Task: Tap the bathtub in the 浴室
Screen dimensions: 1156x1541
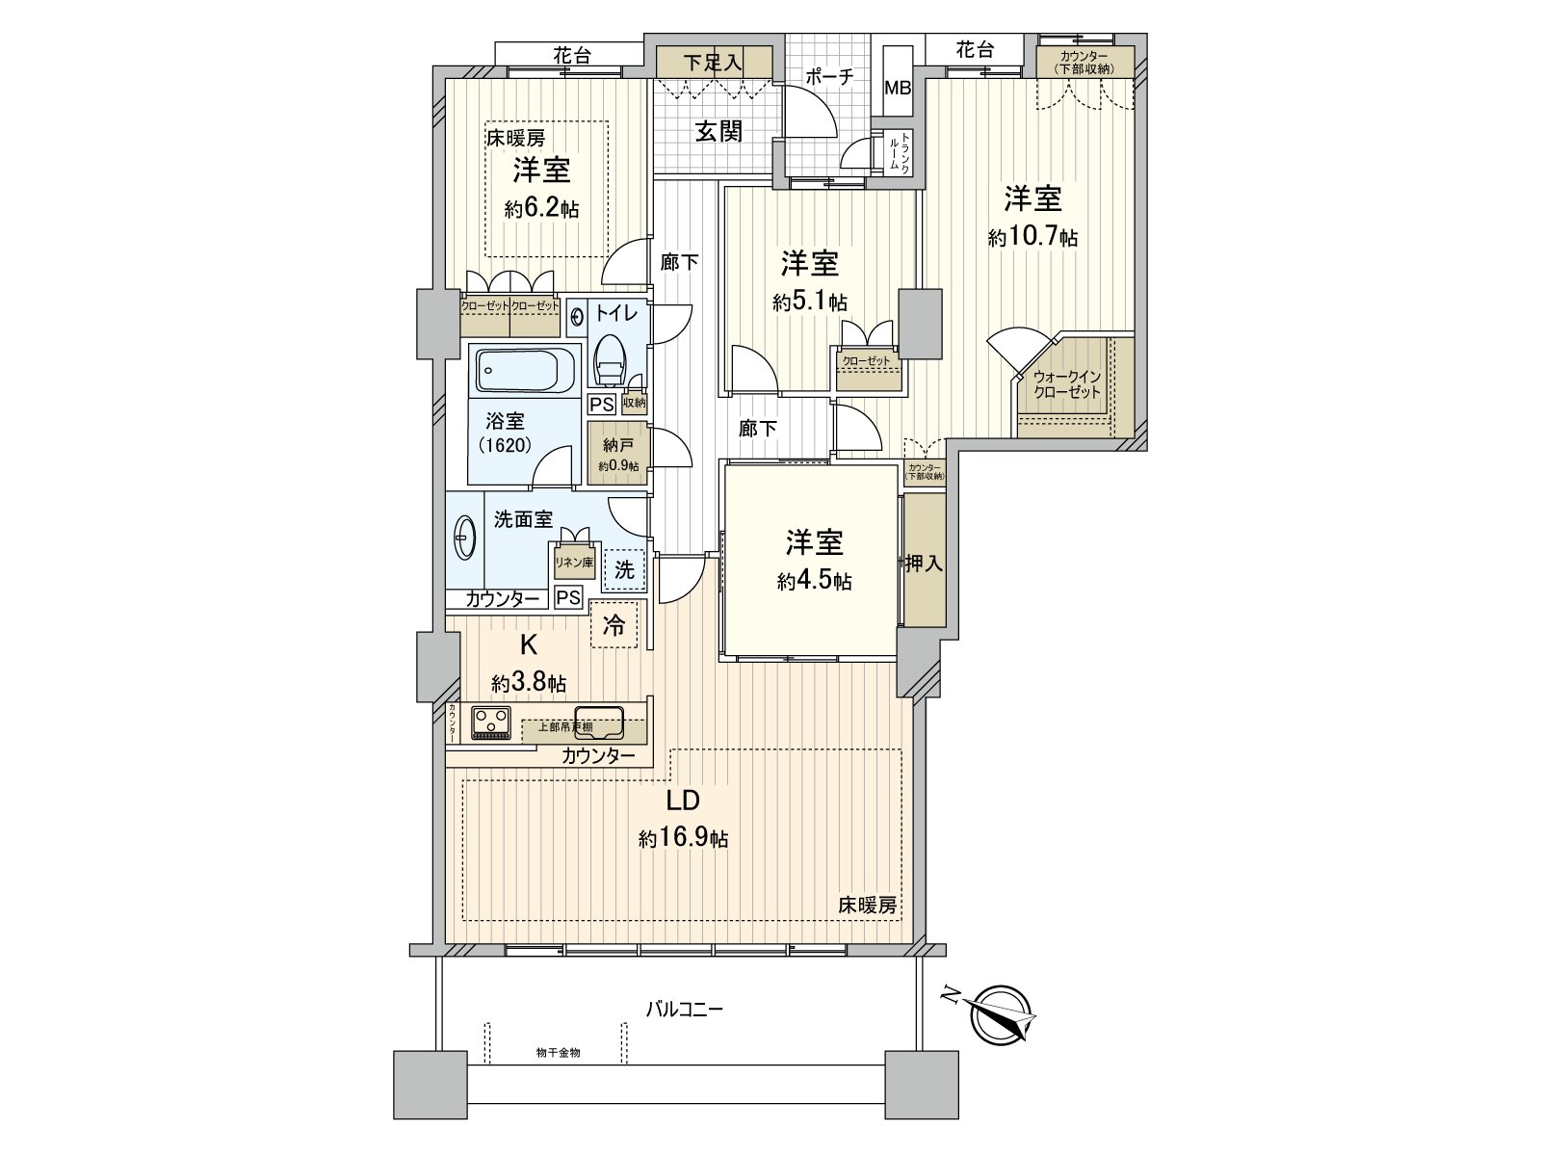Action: pos(526,370)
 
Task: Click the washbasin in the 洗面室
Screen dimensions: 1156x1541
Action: pos(464,535)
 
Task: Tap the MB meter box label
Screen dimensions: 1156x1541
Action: pos(898,87)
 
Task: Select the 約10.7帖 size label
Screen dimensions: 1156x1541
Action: pos(1032,237)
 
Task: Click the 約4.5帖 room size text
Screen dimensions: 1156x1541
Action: pos(814,581)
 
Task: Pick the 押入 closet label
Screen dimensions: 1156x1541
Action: pos(923,563)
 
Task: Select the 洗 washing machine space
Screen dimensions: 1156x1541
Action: pos(624,569)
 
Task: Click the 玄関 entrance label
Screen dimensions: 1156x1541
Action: pos(718,132)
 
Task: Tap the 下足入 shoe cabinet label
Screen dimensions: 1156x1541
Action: pos(714,63)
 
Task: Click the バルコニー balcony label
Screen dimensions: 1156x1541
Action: pos(684,1010)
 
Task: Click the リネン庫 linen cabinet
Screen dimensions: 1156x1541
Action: pos(573,563)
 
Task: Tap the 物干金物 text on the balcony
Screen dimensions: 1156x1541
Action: pos(558,1053)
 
